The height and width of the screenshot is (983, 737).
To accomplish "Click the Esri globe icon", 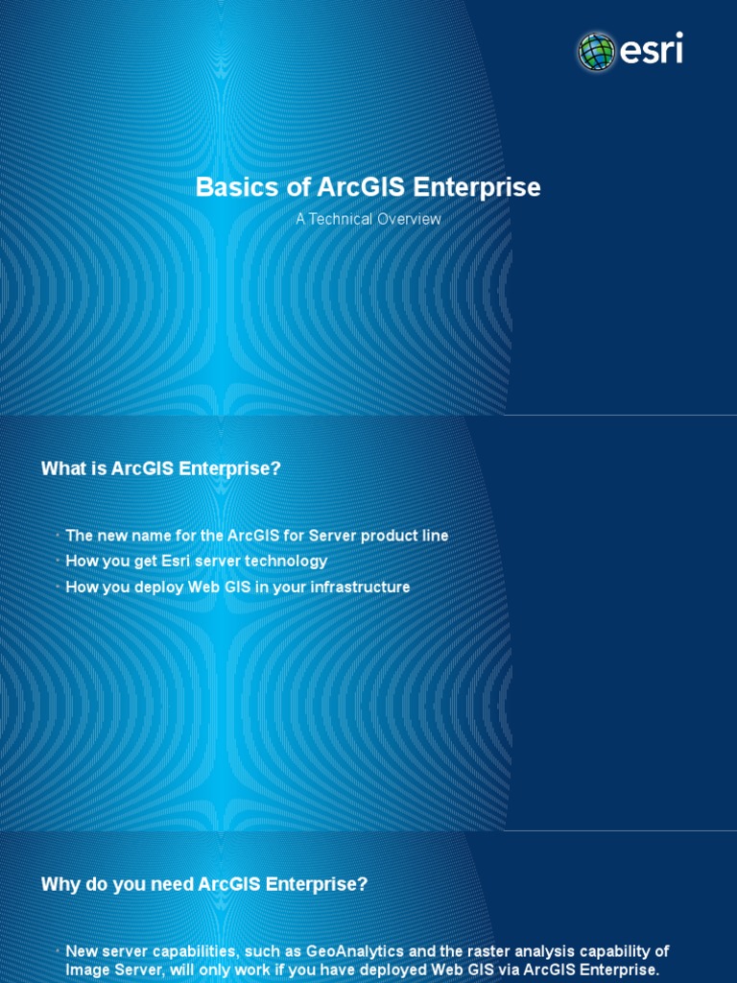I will (595, 51).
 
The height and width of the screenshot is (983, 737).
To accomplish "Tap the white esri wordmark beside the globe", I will (650, 49).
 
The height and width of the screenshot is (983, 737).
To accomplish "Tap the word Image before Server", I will (86, 970).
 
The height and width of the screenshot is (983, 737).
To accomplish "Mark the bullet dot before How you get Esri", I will (58, 560).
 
